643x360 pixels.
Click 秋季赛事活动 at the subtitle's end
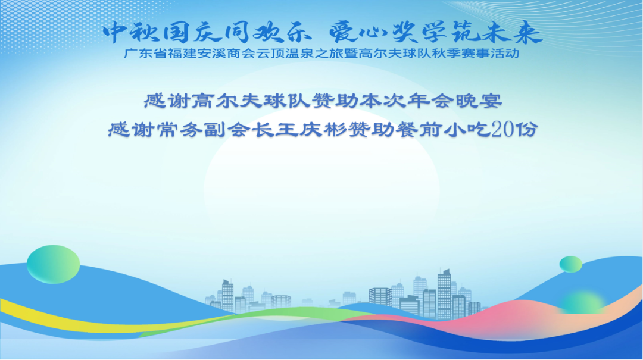pyautogui.click(x=476, y=54)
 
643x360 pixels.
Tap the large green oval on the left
pyautogui.click(x=54, y=264)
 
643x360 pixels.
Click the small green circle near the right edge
pyautogui.click(x=571, y=264)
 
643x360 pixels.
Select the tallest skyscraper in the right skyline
pyautogui.click(x=444, y=295)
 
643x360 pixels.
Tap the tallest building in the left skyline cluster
pyautogui.click(x=227, y=296)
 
